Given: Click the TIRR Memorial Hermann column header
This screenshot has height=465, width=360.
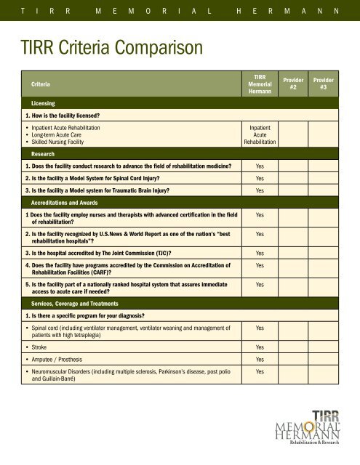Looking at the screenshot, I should (260, 84).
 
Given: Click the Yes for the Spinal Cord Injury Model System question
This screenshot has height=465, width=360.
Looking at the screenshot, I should (260, 178).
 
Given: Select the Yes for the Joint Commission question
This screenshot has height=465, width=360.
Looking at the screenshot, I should (260, 253).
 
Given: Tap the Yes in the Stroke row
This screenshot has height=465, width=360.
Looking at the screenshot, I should (260, 347).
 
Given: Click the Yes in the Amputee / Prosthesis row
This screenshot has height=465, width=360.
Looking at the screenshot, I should (260, 360).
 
